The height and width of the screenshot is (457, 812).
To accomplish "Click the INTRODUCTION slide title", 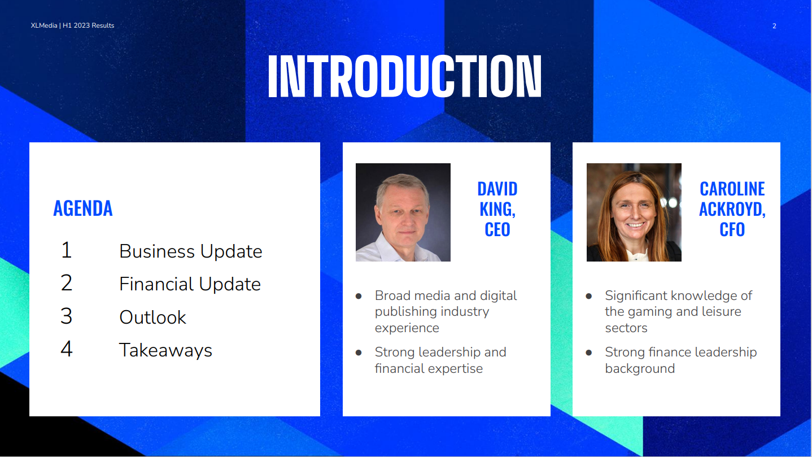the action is [x=404, y=76].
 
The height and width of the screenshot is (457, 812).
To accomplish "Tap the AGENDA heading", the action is [x=83, y=208].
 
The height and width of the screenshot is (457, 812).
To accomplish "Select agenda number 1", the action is [x=66, y=250].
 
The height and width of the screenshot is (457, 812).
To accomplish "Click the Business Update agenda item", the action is [x=191, y=251].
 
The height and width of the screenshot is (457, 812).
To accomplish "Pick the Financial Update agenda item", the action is [x=190, y=284].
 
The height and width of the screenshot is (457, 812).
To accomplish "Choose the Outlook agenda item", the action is [x=152, y=317].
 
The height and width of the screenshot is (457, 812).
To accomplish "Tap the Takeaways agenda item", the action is [x=165, y=350].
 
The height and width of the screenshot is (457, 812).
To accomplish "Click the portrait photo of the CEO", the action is [x=403, y=212].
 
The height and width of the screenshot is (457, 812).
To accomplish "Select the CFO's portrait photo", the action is [x=634, y=212].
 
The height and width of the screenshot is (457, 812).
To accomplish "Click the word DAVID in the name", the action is [x=497, y=189].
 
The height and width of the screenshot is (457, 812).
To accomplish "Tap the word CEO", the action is [x=497, y=229].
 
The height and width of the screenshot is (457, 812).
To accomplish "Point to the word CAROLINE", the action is [x=732, y=189].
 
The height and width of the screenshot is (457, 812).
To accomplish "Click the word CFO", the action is [x=732, y=229].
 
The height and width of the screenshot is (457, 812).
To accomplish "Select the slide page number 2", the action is [x=774, y=26].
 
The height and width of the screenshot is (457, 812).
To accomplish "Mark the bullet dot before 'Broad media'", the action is [x=359, y=297].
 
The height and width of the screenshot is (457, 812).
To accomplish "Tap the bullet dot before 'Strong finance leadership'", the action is [x=589, y=352].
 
